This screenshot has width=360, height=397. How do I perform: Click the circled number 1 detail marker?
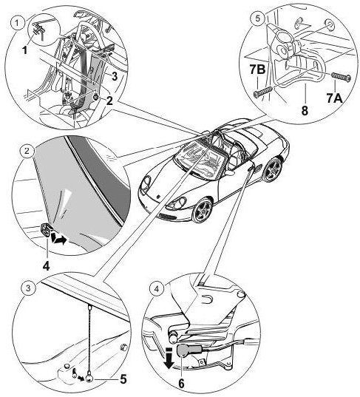(x=17, y=24)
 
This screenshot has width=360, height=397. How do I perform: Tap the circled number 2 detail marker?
(x=27, y=151)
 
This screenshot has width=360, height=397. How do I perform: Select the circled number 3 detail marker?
(x=28, y=288)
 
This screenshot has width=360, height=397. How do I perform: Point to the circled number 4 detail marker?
(x=157, y=288)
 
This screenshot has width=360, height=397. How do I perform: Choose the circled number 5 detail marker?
(x=257, y=18)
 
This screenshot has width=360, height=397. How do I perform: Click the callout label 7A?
(x=334, y=98)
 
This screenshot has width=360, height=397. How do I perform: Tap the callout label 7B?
(x=257, y=69)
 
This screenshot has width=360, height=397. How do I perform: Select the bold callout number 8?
(x=305, y=110)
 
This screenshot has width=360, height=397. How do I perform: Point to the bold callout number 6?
(x=181, y=384)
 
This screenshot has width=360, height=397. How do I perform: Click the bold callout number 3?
(x=115, y=76)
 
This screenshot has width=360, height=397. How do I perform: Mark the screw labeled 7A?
(x=342, y=76)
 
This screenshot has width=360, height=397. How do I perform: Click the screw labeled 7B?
(x=263, y=92)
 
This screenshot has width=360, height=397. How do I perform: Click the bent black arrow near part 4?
(x=59, y=238)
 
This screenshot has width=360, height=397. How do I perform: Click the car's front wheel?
(x=203, y=211)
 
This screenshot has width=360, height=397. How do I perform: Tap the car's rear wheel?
(x=273, y=169)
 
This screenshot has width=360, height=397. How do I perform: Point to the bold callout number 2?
(x=109, y=101)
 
